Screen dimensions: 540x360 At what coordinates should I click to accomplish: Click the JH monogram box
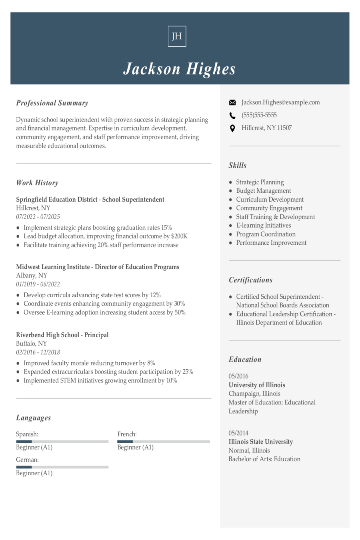click(177, 36)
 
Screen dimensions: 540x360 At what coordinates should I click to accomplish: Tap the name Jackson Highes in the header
click(179, 69)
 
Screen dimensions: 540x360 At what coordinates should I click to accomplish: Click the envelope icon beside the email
click(232, 103)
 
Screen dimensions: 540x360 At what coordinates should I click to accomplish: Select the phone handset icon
click(232, 116)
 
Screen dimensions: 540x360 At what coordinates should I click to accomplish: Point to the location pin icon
click(232, 128)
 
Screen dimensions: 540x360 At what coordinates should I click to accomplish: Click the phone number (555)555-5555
click(259, 115)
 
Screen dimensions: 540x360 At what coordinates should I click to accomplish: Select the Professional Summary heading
click(52, 103)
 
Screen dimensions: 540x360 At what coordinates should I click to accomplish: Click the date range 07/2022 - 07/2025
click(38, 217)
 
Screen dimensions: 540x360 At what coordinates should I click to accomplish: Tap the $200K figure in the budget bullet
click(179, 236)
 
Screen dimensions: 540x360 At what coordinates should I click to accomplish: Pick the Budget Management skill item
click(263, 191)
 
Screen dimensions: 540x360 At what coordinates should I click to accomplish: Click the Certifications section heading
click(250, 280)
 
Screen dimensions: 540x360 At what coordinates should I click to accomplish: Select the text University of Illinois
click(257, 385)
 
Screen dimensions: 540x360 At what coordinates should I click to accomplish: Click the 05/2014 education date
click(238, 433)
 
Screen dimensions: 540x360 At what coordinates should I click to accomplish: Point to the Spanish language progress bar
click(62, 441)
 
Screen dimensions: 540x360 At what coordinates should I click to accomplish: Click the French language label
click(127, 434)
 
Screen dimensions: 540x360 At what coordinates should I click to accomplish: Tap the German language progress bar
click(62, 467)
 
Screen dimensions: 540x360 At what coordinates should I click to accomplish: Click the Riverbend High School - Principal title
click(62, 335)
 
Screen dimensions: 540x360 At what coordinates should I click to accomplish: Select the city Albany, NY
click(32, 276)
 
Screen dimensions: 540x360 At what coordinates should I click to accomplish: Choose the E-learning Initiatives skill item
click(263, 226)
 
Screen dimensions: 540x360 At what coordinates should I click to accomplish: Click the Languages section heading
click(34, 418)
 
